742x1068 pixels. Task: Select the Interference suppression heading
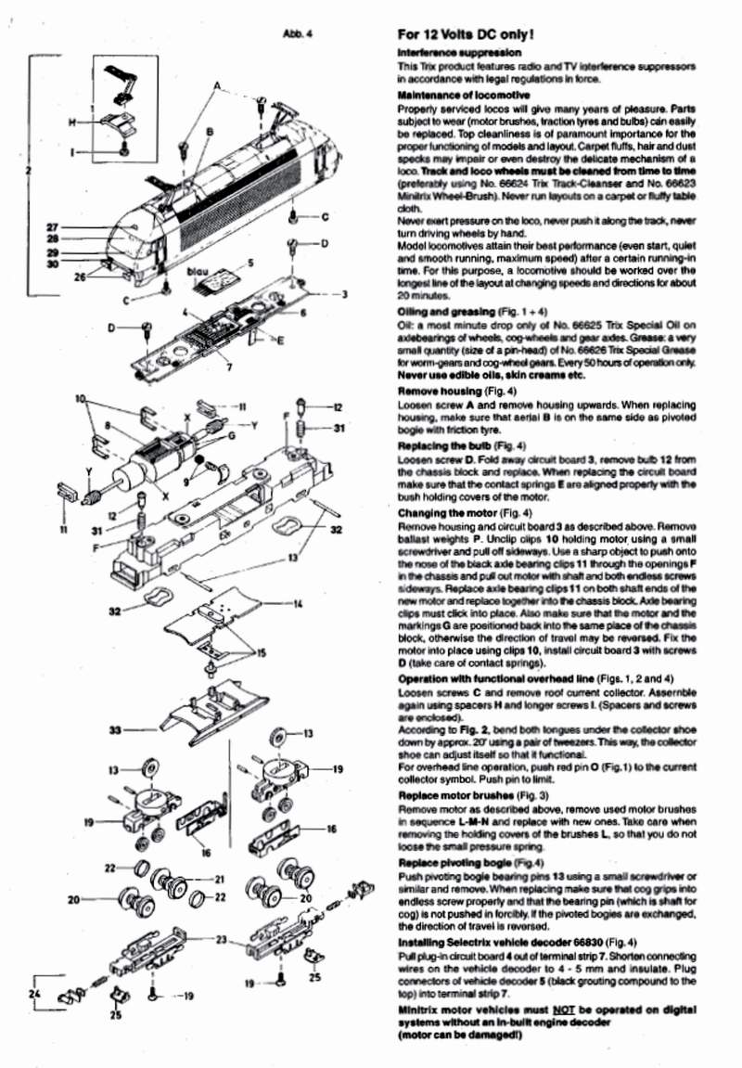tap(458, 54)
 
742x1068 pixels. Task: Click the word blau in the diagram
tap(197, 272)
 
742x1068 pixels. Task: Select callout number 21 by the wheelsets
tap(220, 879)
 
